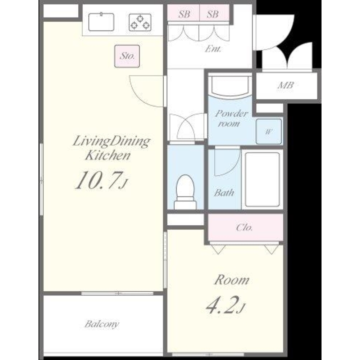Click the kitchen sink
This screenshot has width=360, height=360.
[101, 22]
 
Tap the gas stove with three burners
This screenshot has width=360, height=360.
[140, 22]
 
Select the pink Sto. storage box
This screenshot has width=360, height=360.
[127, 56]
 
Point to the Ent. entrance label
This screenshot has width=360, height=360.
[213, 49]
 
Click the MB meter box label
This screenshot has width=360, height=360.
[286, 85]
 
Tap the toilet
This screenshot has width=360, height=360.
[185, 192]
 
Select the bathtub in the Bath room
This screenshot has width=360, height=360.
[263, 180]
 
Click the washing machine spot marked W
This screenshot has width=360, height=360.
[269, 131]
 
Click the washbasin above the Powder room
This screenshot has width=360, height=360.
[230, 86]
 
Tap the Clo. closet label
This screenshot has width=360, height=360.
[245, 228]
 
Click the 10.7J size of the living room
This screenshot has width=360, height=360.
[101, 181]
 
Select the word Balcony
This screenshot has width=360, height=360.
[102, 324]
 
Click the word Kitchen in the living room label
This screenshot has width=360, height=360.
[108, 155]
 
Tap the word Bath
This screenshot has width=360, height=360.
[224, 192]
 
